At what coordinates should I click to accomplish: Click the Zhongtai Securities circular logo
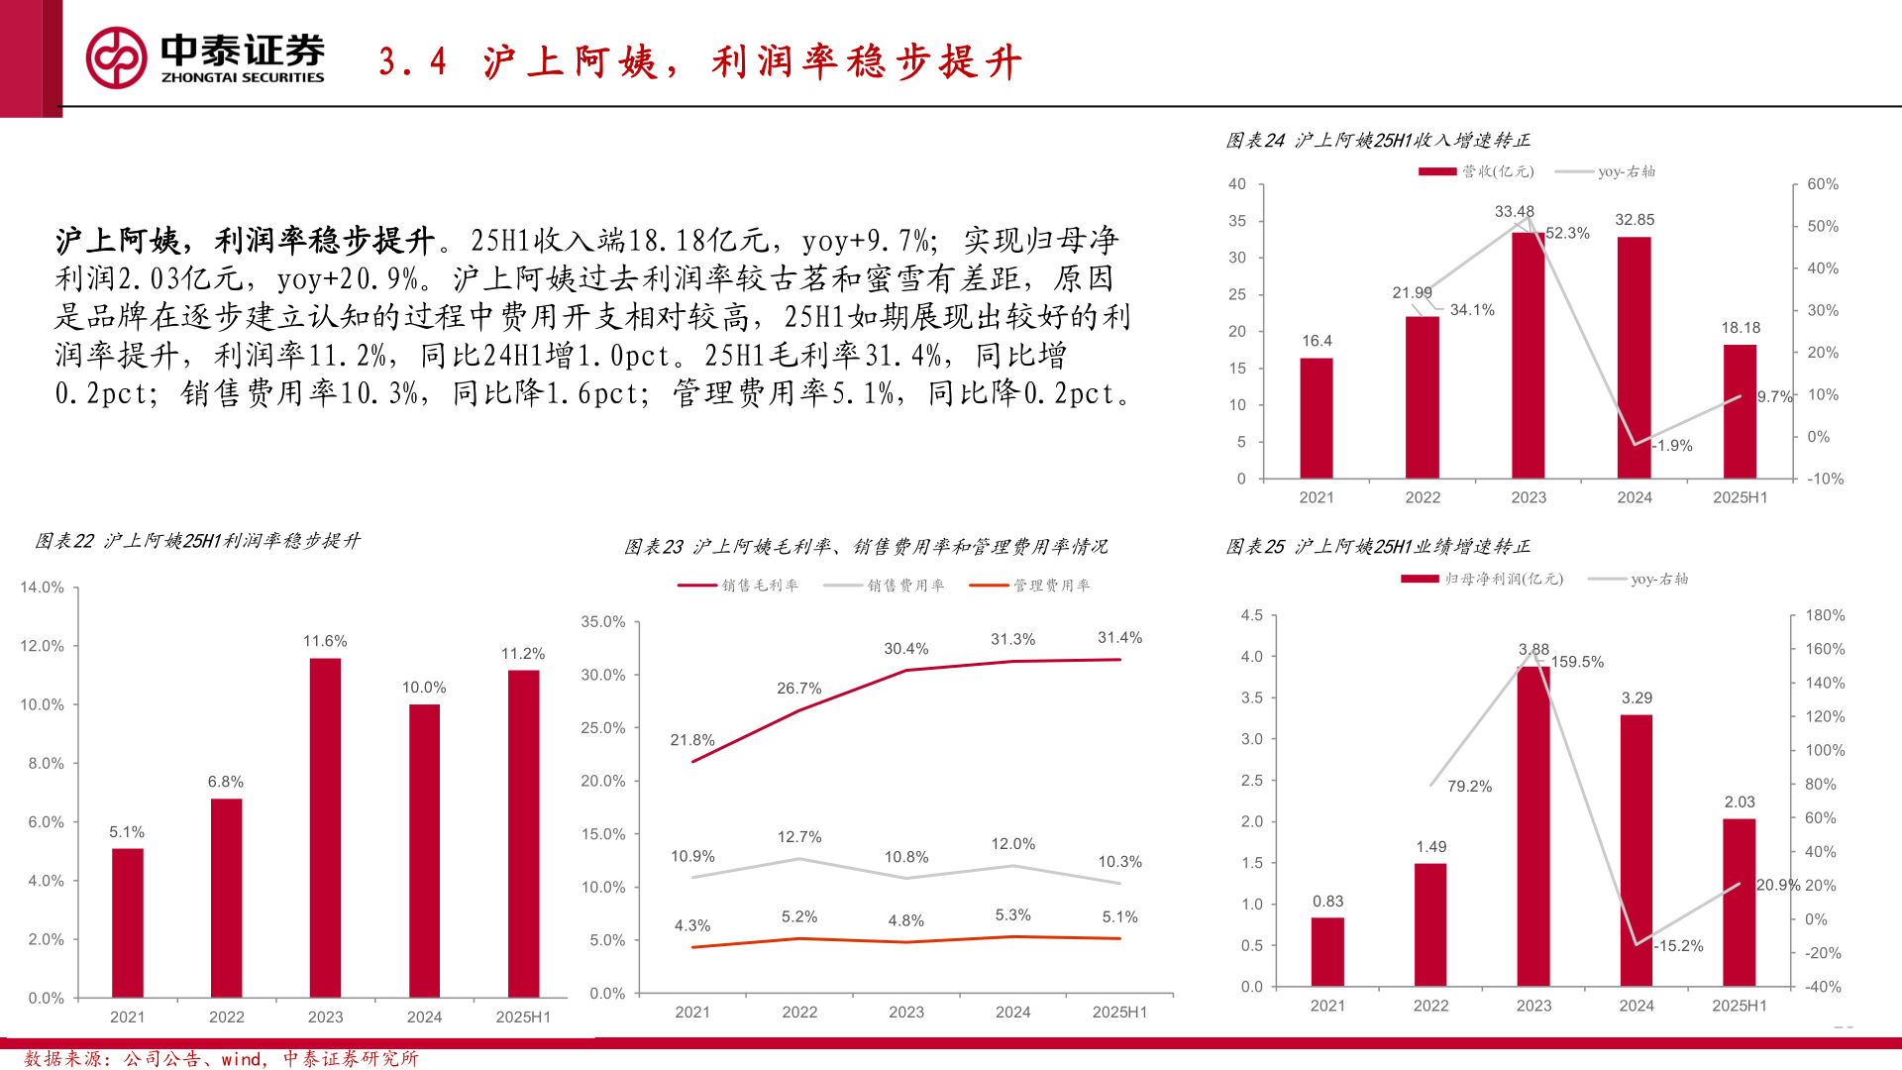point(117,57)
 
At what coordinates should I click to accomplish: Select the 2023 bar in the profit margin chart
point(325,827)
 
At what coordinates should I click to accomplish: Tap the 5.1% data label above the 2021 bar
point(127,832)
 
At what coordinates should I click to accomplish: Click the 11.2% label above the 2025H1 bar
point(523,654)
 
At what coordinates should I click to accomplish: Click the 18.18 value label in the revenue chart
point(1741,328)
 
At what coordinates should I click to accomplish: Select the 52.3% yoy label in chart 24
point(1567,234)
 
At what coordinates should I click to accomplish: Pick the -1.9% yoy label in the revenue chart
point(1673,446)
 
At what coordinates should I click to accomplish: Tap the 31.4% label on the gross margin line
point(1119,638)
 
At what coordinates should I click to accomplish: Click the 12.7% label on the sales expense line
point(799,837)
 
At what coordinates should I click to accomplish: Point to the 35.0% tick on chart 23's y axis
point(603,622)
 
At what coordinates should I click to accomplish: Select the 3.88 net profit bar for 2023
point(1533,826)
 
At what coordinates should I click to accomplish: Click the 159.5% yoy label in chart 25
point(1577,662)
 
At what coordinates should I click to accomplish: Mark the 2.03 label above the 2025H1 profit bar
point(1740,802)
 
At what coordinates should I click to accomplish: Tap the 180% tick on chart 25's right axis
point(1825,615)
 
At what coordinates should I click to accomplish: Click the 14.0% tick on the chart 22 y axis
point(43,588)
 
